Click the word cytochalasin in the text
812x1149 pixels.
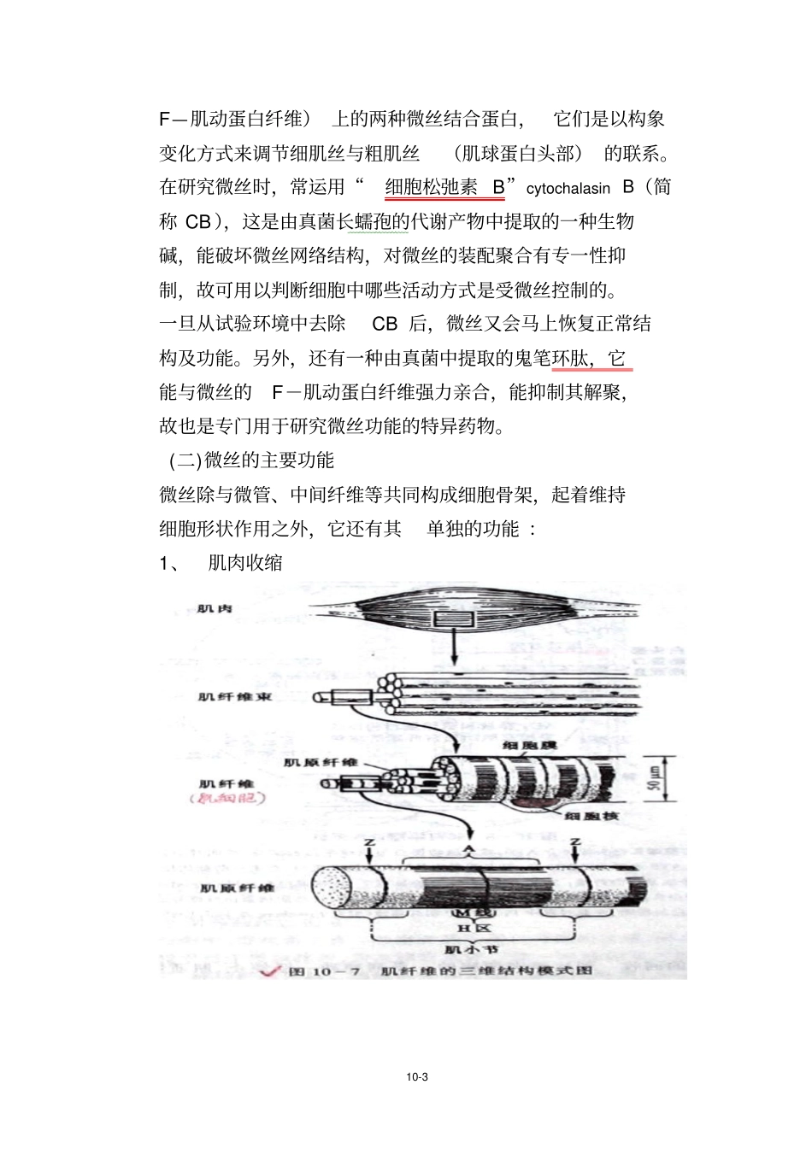[568, 189]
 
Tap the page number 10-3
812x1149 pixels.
[417, 1077]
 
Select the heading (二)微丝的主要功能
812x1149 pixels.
[251, 460]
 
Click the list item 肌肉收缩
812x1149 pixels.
[245, 563]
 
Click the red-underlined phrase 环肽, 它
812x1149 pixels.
[591, 359]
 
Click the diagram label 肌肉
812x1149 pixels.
[215, 609]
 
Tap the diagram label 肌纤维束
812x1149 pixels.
[235, 697]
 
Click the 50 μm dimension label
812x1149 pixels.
[655, 778]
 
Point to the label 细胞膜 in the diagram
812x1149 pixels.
[530, 746]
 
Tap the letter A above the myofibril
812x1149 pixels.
[468, 849]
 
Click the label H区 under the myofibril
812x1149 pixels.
[474, 929]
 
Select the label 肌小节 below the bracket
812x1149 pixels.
[472, 949]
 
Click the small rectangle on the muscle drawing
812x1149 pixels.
[453, 620]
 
